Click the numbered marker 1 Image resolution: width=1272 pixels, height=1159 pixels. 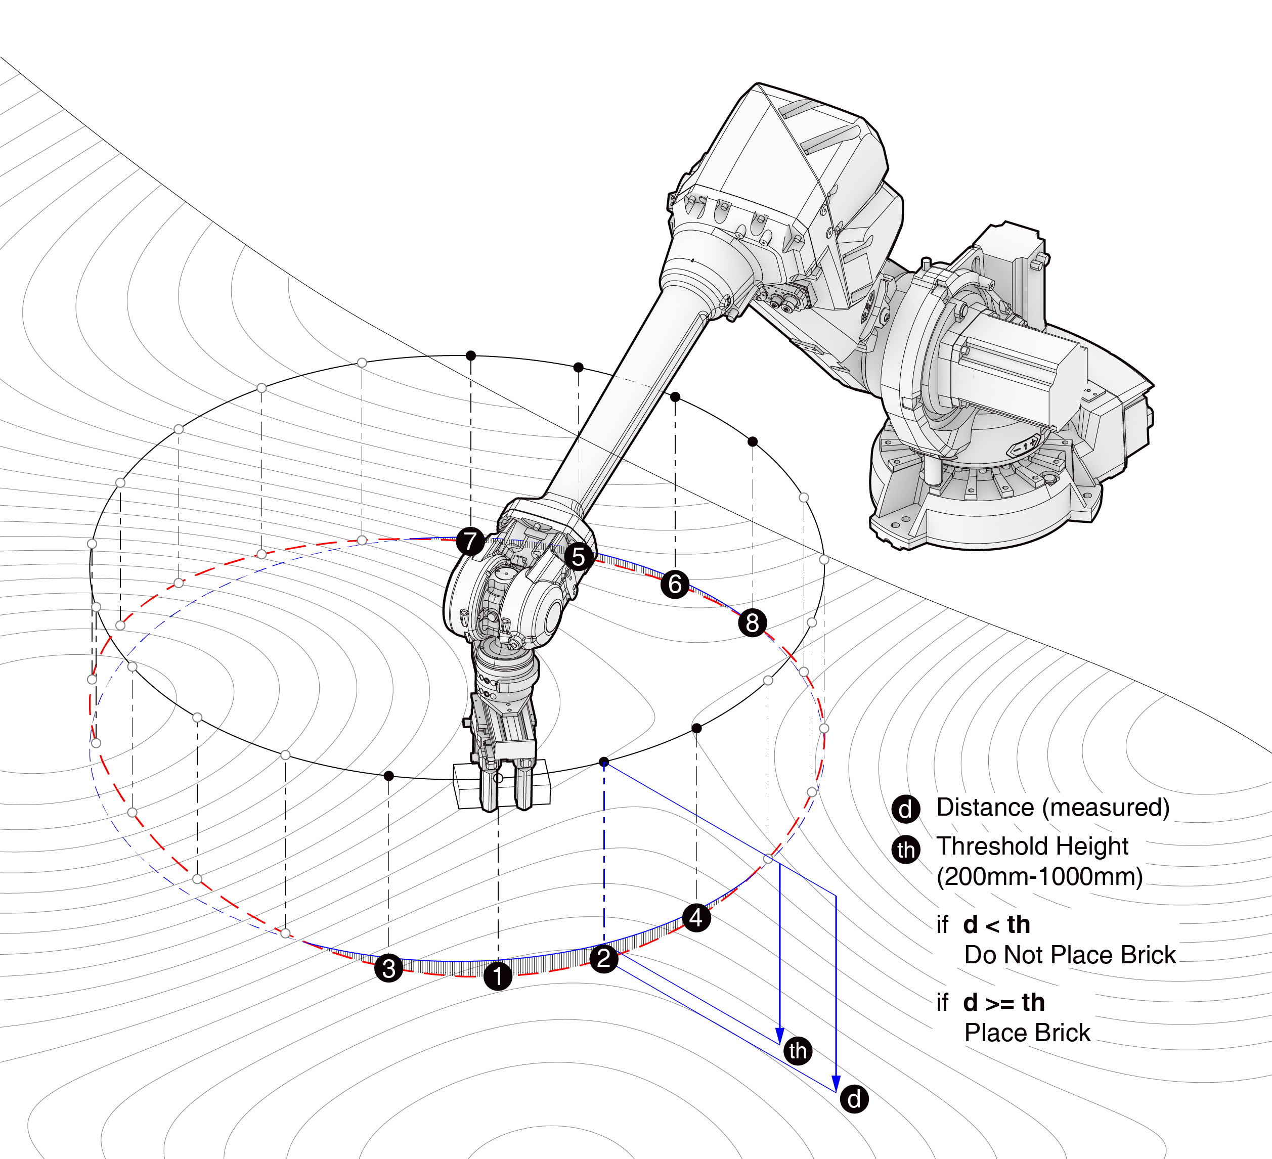498,976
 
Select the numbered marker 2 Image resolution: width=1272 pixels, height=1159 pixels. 604,958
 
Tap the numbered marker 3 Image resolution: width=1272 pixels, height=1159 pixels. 388,968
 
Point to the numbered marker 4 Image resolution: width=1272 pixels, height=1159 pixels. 696,917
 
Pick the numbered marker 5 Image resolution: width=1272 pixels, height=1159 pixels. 579,557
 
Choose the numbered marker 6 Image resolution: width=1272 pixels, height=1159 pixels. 675,584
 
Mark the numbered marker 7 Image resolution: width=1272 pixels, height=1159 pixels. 470,542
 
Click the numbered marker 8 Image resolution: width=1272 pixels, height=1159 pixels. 752,622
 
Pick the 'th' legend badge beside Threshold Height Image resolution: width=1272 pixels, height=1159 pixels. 905,849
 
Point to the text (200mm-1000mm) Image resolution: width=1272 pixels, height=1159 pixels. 1040,876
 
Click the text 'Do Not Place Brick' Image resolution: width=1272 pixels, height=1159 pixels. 1070,955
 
